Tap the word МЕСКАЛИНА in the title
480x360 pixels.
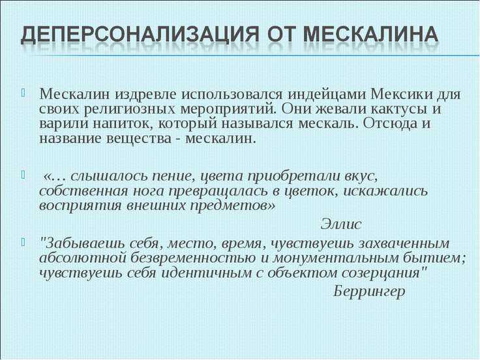pyautogui.click(x=370, y=34)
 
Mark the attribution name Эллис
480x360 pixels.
pyautogui.click(x=341, y=224)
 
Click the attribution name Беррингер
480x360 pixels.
pyautogui.click(x=369, y=292)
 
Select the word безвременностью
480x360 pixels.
pyautogui.click(x=193, y=258)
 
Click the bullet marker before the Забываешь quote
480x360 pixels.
pyautogui.click(x=23, y=241)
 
